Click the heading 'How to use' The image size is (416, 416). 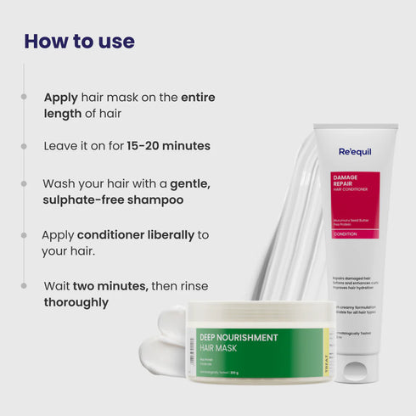tap(79, 41)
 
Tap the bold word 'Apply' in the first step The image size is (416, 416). tap(61, 98)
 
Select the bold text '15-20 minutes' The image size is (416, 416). tap(168, 146)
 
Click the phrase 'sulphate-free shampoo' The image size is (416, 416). tap(113, 200)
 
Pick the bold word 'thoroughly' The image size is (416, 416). tap(76, 302)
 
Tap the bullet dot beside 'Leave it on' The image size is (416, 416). tap(25, 146)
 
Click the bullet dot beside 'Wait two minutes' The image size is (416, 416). tap(25, 286)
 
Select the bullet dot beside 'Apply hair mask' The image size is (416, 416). tap(25, 98)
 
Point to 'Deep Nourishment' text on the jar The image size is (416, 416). tap(239, 338)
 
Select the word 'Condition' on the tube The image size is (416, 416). tap(346, 233)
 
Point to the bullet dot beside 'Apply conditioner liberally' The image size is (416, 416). tap(25, 234)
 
